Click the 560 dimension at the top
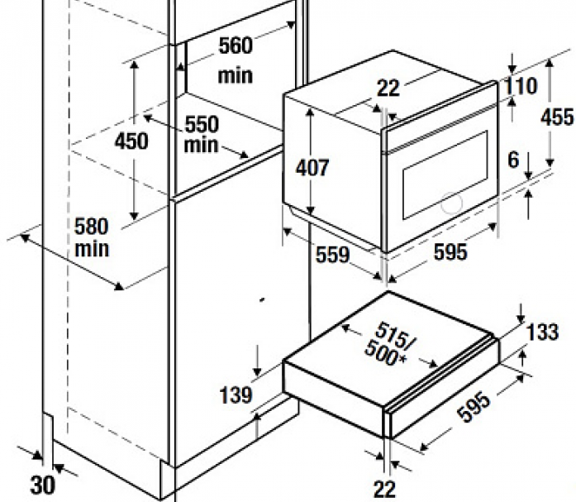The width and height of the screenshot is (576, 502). tap(236, 45)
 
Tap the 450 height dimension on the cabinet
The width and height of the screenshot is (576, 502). tap(131, 141)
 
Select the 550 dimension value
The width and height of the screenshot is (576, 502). tap(202, 125)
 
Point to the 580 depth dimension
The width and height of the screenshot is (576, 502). tap(92, 227)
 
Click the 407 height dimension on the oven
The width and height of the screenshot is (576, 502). tap(312, 168)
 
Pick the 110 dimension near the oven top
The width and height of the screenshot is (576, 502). tap(520, 86)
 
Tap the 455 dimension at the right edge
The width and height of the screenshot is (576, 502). tap(557, 117)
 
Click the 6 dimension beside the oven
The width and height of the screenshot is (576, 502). tap(513, 160)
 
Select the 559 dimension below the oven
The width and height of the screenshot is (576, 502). tap(333, 255)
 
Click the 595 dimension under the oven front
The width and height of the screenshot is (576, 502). tap(450, 252)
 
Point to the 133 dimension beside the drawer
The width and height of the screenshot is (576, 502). tap(543, 332)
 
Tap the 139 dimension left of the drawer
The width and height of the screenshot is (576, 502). tap(236, 395)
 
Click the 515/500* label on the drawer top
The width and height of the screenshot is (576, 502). tap(389, 344)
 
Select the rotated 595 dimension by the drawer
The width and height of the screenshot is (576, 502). tap(474, 407)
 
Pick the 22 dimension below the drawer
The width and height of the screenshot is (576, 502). tap(385, 490)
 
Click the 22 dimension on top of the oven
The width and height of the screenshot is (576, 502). tap(388, 88)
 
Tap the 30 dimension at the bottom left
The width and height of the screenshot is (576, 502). tap(43, 485)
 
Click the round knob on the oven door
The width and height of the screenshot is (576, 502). tap(451, 203)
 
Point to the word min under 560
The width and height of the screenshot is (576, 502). tap(236, 76)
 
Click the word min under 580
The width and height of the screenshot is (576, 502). tap(92, 249)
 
